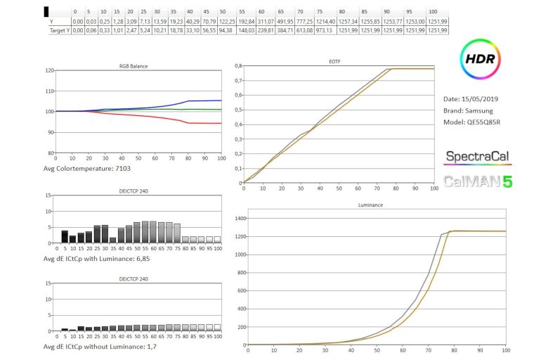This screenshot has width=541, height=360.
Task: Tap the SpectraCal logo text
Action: pyautogui.click(x=474, y=156)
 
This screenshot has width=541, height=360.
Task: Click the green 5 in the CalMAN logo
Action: pyautogui.click(x=507, y=181)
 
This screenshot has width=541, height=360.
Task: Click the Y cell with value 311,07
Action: pyautogui.click(x=265, y=21)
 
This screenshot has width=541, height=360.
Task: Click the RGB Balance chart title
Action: pyautogui.click(x=133, y=66)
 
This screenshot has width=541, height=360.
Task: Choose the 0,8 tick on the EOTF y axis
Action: pyautogui.click(x=237, y=66)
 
